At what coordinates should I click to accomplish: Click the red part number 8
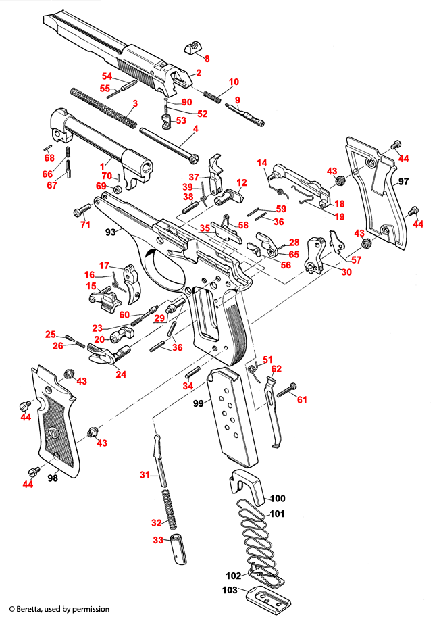point(207,59)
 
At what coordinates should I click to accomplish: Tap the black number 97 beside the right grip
point(404,182)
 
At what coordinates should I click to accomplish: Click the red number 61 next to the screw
point(302,400)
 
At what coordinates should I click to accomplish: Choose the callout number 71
point(85,224)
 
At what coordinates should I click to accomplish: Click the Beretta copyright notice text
point(59,609)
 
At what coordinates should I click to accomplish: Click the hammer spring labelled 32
point(172,510)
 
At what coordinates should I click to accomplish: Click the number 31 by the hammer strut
point(144,476)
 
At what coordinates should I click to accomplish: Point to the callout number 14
point(262,162)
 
